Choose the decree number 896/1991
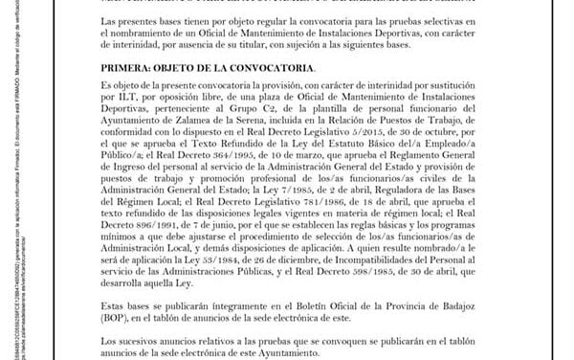pyautogui.click(x=145, y=227)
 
